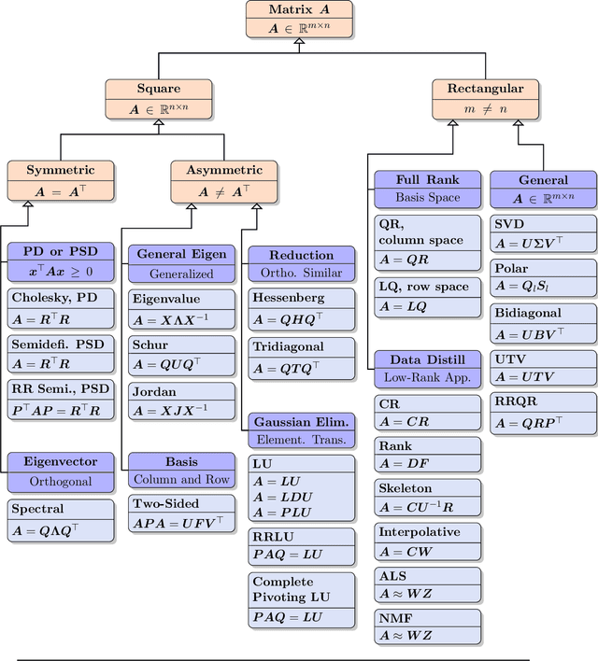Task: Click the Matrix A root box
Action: [300, 19]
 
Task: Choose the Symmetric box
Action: [61, 181]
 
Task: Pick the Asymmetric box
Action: [224, 181]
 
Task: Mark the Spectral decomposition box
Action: [61, 519]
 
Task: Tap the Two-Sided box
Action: [180, 513]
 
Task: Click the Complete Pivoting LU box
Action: [302, 598]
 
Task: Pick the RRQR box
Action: [543, 412]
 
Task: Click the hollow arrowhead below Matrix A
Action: [300, 43]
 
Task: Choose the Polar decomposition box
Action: [543, 277]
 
